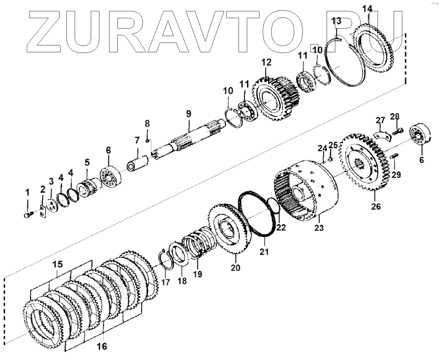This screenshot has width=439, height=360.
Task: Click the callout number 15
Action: point(58,265)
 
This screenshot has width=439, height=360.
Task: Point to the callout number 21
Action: point(264,252)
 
